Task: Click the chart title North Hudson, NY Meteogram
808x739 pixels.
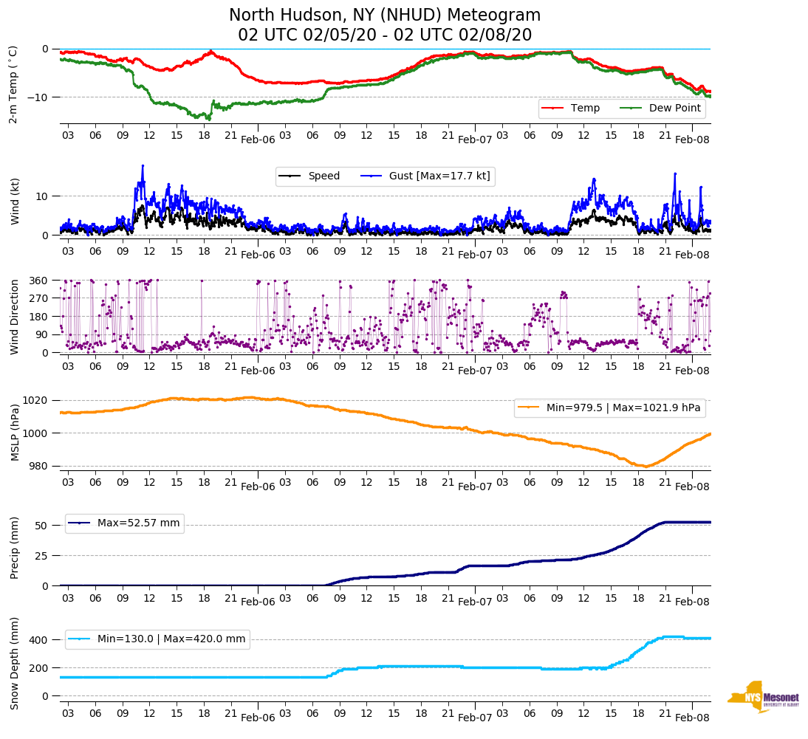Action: [384, 16]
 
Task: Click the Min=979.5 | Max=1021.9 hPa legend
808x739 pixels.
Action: [609, 408]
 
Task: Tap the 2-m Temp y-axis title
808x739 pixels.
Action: [13, 84]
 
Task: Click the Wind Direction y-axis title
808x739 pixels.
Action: [14, 316]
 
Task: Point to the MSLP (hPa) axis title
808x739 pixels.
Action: [14, 433]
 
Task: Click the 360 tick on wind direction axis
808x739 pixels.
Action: [40, 281]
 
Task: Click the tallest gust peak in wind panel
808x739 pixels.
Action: [143, 165]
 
